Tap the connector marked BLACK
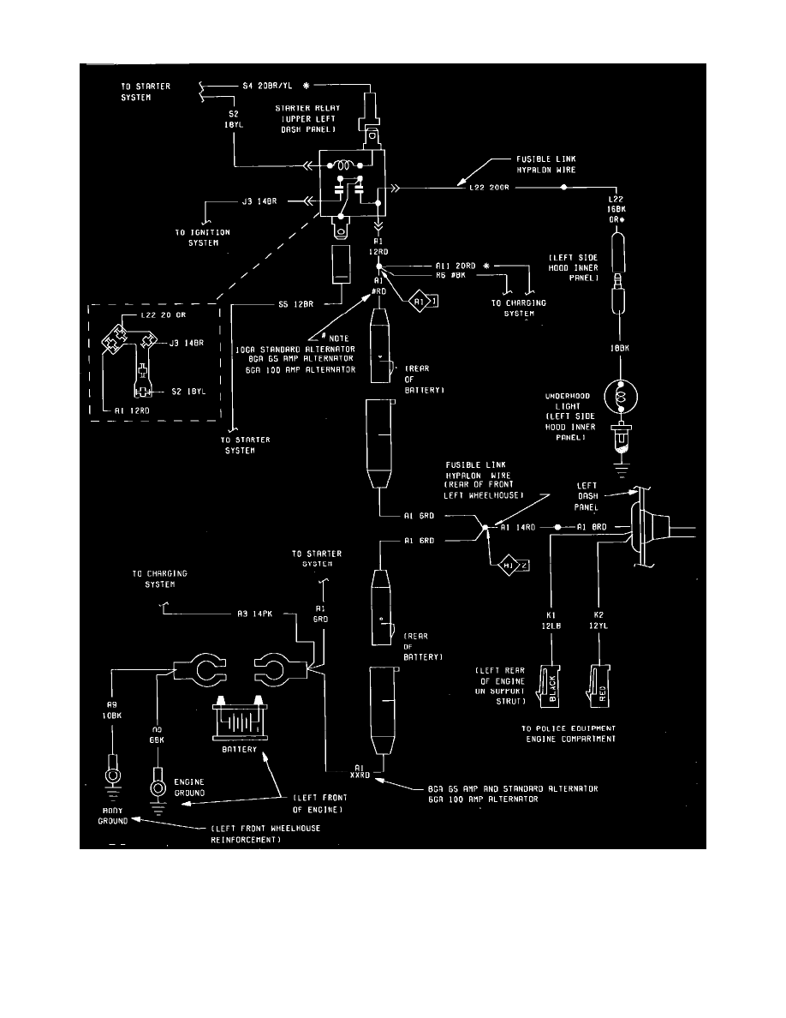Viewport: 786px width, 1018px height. (551, 686)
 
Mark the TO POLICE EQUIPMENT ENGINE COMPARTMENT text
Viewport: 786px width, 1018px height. (569, 733)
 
